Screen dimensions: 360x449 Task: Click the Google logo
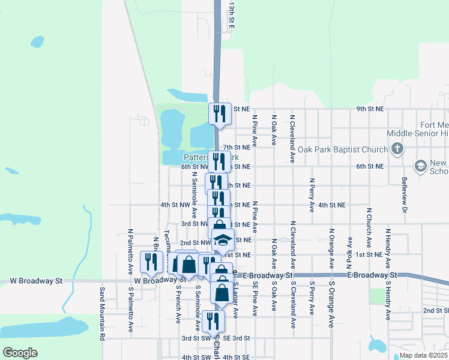20,352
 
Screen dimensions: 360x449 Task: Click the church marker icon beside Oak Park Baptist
397,148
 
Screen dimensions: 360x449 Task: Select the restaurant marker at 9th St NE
220,113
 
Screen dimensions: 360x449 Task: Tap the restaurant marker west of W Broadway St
151,261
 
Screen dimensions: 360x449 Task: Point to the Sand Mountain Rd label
101,313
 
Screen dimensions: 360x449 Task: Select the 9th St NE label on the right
370,109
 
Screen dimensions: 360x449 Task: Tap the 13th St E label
231,15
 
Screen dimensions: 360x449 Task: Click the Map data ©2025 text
423,355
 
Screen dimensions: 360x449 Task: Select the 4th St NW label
175,205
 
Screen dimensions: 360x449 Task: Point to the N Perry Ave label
312,195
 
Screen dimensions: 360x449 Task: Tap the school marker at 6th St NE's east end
421,165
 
